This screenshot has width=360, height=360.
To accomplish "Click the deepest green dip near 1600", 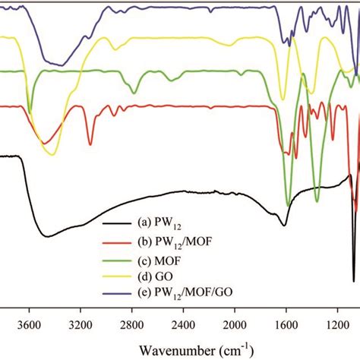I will click(x=288, y=205).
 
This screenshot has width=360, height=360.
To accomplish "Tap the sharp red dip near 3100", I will click(x=90, y=144).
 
